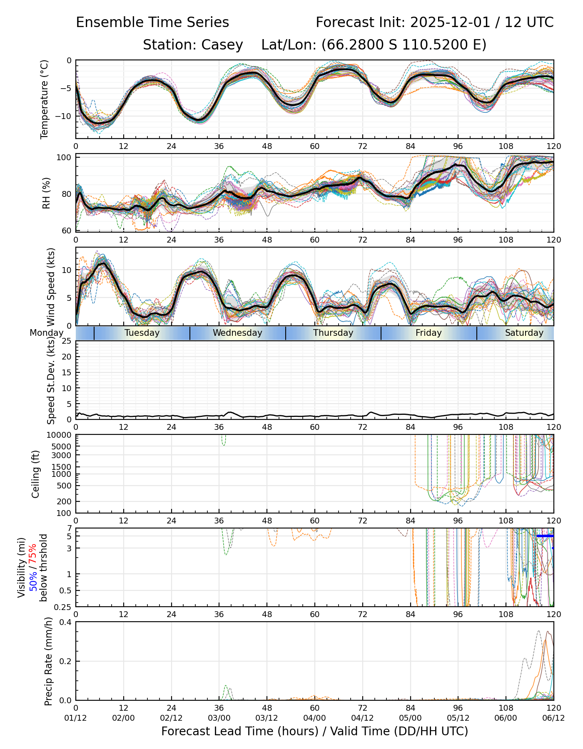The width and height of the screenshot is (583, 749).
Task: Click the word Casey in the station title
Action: pos(222,45)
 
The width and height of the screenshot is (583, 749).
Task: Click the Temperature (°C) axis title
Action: pos(45,99)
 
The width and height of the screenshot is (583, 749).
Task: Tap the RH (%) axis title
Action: pos(46,193)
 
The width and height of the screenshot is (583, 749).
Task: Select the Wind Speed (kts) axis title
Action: pos(51,287)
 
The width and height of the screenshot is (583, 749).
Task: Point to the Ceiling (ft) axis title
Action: pos(36,474)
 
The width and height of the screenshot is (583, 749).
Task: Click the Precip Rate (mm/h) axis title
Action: pos(49,661)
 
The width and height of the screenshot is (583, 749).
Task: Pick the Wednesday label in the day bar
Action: pos(237,333)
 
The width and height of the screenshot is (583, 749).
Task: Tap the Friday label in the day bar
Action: pos(429,333)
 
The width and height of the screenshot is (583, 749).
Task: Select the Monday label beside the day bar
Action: pos(47,333)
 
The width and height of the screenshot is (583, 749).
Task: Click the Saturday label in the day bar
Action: pos(524,333)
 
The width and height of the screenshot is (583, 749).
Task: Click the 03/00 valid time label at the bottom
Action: pos(219,718)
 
